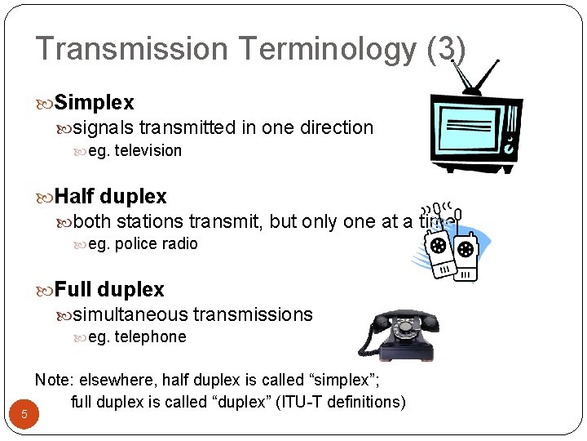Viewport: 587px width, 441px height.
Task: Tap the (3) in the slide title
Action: (446, 49)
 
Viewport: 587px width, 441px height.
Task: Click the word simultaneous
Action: (130, 314)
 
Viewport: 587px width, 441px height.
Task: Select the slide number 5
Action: (24, 415)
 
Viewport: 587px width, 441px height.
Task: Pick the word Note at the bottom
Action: (52, 380)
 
